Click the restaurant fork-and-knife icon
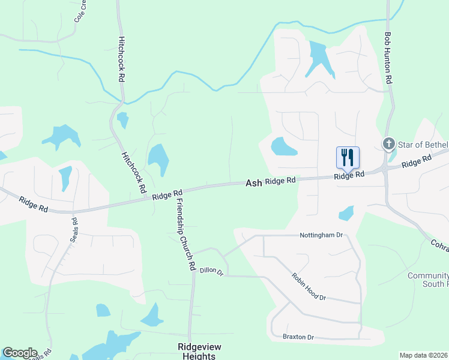[348, 158]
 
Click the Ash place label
[253, 182]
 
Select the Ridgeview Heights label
[196, 352]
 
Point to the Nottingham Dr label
[321, 236]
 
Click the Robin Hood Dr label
[309, 287]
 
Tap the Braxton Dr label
[298, 337]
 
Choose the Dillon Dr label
[211, 272]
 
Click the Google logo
[20, 353]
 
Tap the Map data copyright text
[424, 355]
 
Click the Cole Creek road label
[81, 10]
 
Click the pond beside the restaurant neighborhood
[283, 146]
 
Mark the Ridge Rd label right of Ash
[280, 180]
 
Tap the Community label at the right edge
[428, 276]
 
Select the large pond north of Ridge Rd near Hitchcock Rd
[158, 159]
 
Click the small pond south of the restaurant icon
[346, 213]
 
